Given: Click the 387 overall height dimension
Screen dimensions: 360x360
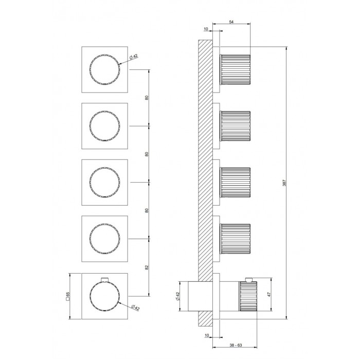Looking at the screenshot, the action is [x=284, y=183].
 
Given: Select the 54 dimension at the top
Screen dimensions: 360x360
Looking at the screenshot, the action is [x=231, y=22].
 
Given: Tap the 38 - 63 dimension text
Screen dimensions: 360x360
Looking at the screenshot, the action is [x=236, y=345].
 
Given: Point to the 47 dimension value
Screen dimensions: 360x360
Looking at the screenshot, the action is [x=269, y=294].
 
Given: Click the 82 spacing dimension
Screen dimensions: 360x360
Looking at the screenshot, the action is [x=147, y=267].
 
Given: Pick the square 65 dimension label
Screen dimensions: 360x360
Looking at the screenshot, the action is [x=68, y=296].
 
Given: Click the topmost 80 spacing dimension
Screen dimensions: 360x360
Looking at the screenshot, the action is [x=147, y=98].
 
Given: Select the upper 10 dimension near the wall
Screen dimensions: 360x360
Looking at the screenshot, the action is [x=206, y=29].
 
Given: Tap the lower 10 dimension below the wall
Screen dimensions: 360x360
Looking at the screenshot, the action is [x=207, y=335].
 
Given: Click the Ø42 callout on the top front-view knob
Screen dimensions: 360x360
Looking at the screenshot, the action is [x=133, y=57].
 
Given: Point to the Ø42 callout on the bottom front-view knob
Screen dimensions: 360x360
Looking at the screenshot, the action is [x=135, y=308].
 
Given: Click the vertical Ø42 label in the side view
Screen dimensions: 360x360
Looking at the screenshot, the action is [x=177, y=296].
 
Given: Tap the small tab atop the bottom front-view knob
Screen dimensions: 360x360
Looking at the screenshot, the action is [x=105, y=279].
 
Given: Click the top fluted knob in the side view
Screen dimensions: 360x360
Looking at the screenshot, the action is [x=235, y=69].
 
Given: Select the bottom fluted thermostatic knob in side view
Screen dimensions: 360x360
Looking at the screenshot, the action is [x=248, y=296].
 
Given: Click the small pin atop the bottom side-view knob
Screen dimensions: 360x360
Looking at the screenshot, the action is [x=249, y=279].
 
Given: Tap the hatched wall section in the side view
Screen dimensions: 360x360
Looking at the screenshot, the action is [x=205, y=160].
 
